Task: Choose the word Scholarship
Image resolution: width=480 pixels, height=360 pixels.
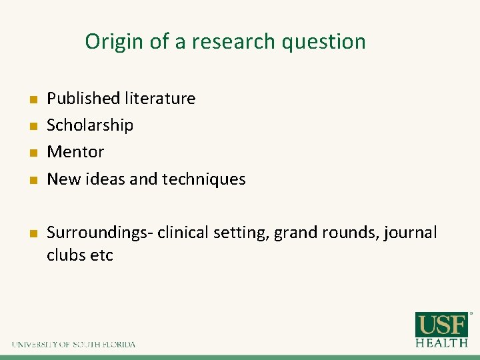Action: click(90, 125)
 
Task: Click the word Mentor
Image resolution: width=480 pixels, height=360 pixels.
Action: click(75, 152)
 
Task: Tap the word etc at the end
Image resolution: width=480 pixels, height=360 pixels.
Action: click(101, 255)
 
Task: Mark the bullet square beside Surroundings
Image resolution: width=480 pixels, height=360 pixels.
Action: click(31, 234)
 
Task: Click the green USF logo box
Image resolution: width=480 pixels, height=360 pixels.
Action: click(441, 325)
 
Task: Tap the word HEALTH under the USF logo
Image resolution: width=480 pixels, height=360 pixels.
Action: click(441, 343)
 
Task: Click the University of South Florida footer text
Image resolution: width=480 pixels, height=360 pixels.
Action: click(73, 345)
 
